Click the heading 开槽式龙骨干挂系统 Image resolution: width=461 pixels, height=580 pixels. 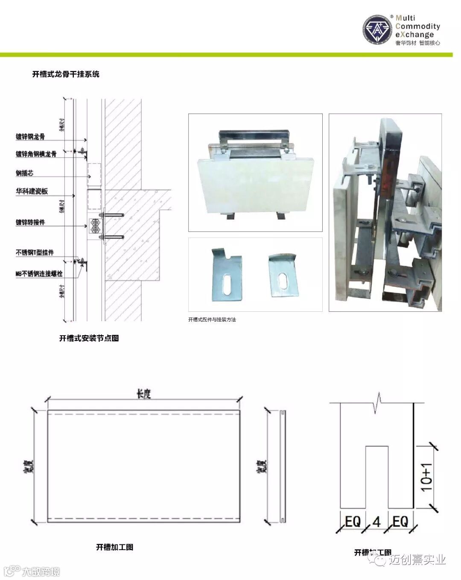coord(66,74)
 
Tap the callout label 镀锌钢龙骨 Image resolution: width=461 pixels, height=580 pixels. coord(30,137)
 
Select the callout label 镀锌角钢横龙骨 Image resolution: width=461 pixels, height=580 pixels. coord(36,154)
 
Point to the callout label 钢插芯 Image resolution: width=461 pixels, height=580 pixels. coord(25,173)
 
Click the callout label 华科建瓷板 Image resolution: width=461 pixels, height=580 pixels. coord(32,191)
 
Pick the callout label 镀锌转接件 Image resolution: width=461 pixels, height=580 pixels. coord(30,223)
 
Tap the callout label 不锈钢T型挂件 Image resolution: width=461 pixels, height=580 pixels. coord(35,253)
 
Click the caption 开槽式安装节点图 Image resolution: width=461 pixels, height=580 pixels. coord(89,338)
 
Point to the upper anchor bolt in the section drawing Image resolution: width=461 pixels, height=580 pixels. coord(112,214)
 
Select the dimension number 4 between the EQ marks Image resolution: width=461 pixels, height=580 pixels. coord(376,521)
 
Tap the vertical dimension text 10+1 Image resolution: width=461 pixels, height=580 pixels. coord(427,477)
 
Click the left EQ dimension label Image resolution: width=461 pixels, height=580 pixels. coord(353,521)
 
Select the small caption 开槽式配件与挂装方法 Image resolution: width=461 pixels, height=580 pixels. coord(212,319)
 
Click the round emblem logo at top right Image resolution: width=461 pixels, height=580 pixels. coord(378,30)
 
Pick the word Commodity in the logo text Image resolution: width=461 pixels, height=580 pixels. coord(417,26)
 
